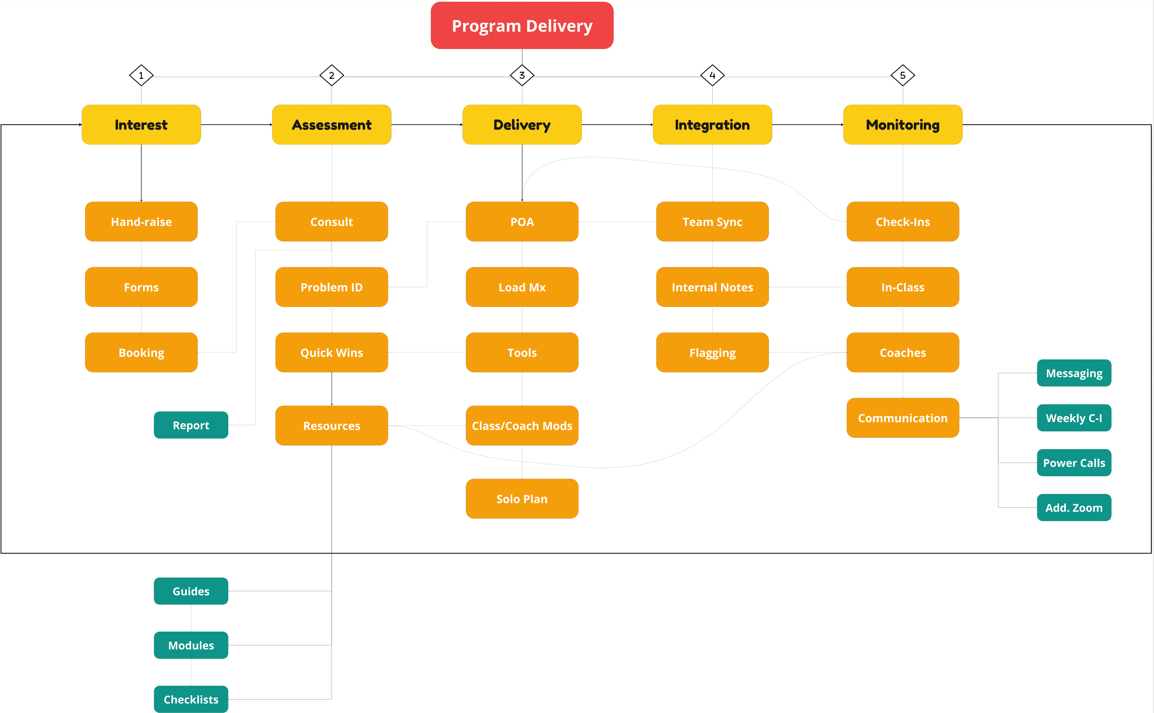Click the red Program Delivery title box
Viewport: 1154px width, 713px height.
522,25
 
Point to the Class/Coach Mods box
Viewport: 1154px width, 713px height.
522,425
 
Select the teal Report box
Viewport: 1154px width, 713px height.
191,425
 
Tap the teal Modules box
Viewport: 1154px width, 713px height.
191,645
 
